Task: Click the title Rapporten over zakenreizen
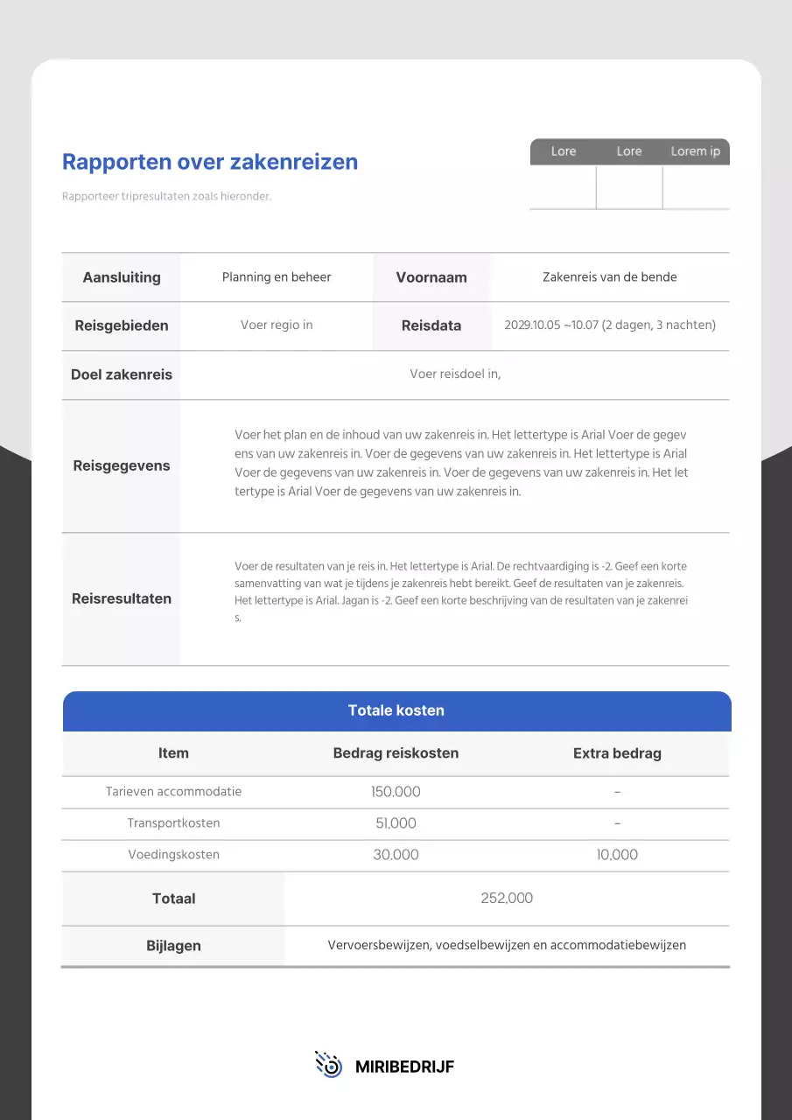point(210,162)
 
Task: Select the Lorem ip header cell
point(695,151)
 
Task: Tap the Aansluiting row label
point(122,277)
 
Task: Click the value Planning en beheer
point(277,277)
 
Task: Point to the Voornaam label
point(431,277)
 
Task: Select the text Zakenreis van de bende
point(609,277)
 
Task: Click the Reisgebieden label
point(122,325)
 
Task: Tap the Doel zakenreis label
point(122,374)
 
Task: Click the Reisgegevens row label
point(122,465)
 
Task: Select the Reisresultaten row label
point(122,598)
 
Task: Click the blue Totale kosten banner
point(396,710)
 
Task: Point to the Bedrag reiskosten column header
point(396,753)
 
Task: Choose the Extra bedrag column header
point(617,753)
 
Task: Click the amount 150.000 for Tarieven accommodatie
point(396,792)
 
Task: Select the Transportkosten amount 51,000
point(396,823)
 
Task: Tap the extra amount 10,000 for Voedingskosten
point(617,855)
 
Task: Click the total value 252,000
point(507,899)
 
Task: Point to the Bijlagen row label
point(173,946)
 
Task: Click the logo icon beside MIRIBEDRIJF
point(328,1065)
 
